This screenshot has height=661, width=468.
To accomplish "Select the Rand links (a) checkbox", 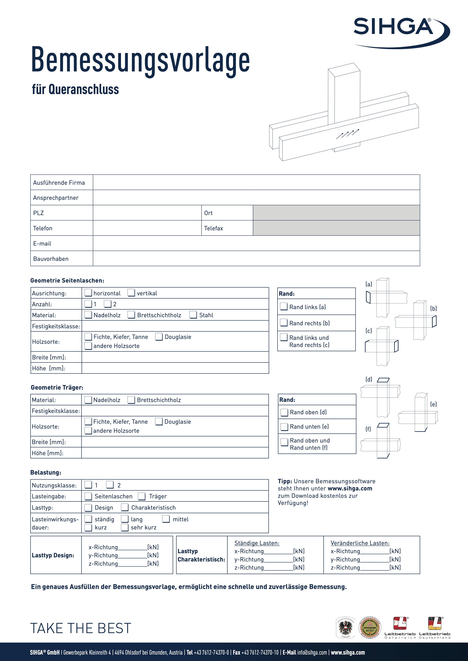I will (284, 307).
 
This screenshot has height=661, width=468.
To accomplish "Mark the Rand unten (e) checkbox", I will (284, 427).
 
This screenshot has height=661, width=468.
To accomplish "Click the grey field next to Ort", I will (336, 213).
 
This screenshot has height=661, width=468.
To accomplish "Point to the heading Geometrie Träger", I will (57, 388).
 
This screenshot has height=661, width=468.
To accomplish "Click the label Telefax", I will (214, 228).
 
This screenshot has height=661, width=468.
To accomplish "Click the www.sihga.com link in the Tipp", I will (350, 489).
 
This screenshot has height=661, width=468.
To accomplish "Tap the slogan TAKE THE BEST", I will (81, 628).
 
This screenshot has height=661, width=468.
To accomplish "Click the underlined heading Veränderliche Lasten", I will (360, 543).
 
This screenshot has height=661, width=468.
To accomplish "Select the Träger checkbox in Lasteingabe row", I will (142, 496).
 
